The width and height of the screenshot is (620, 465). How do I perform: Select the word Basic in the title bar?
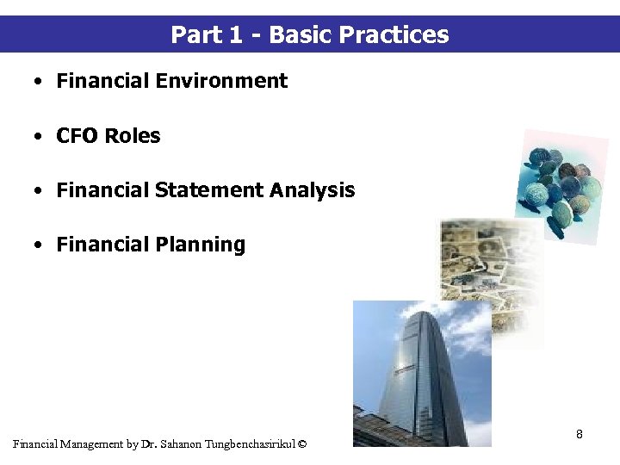pyautogui.click(x=301, y=35)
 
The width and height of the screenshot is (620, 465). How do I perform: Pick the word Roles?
pyautogui.click(x=134, y=136)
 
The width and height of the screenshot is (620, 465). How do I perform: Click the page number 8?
pyautogui.click(x=580, y=434)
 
